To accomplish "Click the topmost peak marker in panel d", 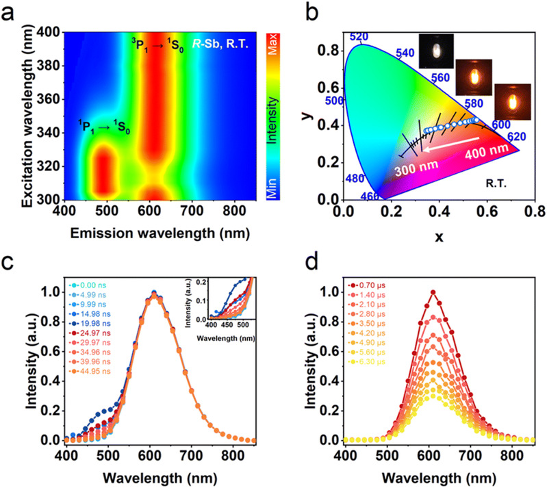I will point(433,292).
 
